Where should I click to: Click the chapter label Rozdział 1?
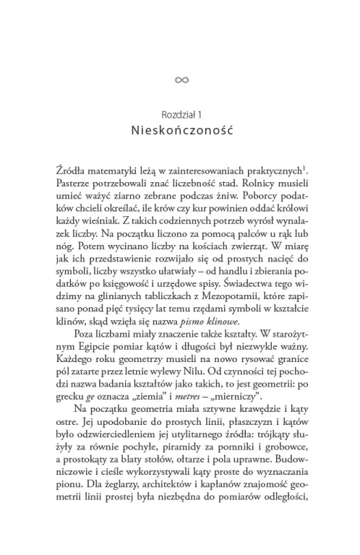(180, 114)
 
